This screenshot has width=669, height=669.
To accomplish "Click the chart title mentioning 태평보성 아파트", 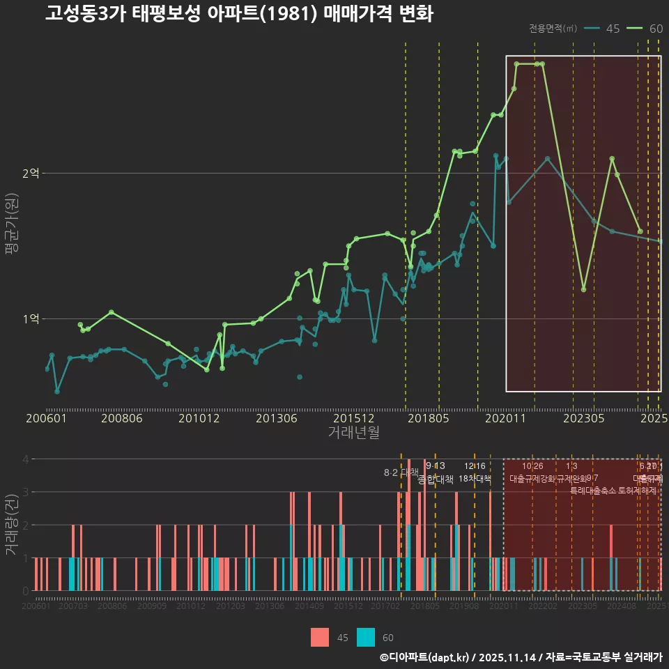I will pyautogui.click(x=239, y=14).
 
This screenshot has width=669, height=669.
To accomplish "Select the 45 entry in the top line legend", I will pyautogui.click(x=613, y=29).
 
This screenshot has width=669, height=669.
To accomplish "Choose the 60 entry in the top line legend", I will pyautogui.click(x=656, y=29).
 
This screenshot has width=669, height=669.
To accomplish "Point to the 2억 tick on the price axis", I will pyautogui.click(x=31, y=173).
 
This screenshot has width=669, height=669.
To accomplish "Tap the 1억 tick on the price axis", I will pyautogui.click(x=31, y=318).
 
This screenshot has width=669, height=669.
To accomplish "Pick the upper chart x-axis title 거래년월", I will pyautogui.click(x=353, y=432).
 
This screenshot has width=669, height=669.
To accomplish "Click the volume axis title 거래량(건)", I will pyautogui.click(x=12, y=524).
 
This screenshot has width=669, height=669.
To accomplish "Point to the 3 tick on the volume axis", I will pyautogui.click(x=26, y=492).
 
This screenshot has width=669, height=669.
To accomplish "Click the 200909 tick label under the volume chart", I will pyautogui.click(x=151, y=606).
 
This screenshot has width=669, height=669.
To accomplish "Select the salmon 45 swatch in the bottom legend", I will pyautogui.click(x=320, y=637).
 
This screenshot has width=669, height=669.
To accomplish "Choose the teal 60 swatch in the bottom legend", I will pyautogui.click(x=366, y=637).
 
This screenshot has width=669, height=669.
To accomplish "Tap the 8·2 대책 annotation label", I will pyautogui.click(x=401, y=472).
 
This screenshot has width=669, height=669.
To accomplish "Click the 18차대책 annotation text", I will pyautogui.click(x=475, y=479).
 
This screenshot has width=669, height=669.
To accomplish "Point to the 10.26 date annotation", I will pyautogui.click(x=532, y=466).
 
